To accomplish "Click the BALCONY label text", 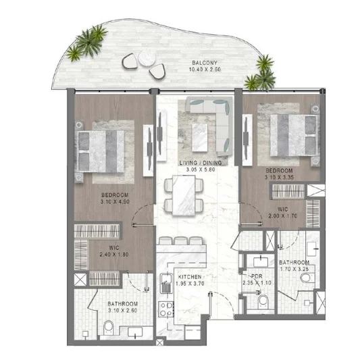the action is tap(205, 63).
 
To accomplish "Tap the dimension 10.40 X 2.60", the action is tap(205, 70).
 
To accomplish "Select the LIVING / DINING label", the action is tap(201, 163).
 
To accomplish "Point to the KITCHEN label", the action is tap(190, 277).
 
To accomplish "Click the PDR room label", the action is tap(257, 276).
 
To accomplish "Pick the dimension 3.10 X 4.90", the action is tap(115, 202).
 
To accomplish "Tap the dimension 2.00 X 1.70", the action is tap(283, 216).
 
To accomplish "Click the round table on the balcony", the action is tap(147, 57).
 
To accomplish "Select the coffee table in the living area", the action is tap(199, 138).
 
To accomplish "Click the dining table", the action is tap(184, 195).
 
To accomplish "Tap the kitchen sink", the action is tap(165, 283).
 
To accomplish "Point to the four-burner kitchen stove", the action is tap(166, 309).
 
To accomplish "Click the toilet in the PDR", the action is tap(262, 302).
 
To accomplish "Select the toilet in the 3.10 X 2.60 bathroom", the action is tap(108, 328).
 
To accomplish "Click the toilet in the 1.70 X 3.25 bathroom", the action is tap(307, 278).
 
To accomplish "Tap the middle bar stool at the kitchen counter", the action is tap(181, 241).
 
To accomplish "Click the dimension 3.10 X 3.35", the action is tap(279, 177).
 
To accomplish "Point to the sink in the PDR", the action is tap(261, 261).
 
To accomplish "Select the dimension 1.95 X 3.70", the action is tap(190, 284).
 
